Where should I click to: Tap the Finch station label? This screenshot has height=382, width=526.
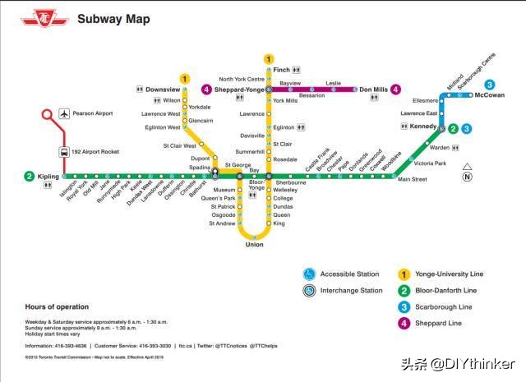click(x=281, y=70)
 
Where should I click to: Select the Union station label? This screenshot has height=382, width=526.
click(x=254, y=244)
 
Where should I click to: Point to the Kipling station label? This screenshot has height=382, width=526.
click(x=48, y=176)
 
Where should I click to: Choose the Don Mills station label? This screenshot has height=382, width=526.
click(x=373, y=89)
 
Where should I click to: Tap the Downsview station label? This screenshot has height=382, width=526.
click(x=164, y=89)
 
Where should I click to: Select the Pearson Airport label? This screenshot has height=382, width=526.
click(x=92, y=113)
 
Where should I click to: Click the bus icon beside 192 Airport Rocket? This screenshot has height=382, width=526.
click(x=63, y=151)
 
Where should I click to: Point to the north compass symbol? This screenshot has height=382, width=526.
click(x=467, y=173)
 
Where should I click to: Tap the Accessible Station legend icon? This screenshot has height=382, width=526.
click(x=309, y=274)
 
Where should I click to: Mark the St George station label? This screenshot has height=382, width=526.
click(x=238, y=166)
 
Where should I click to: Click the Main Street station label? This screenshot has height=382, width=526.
click(x=413, y=180)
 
